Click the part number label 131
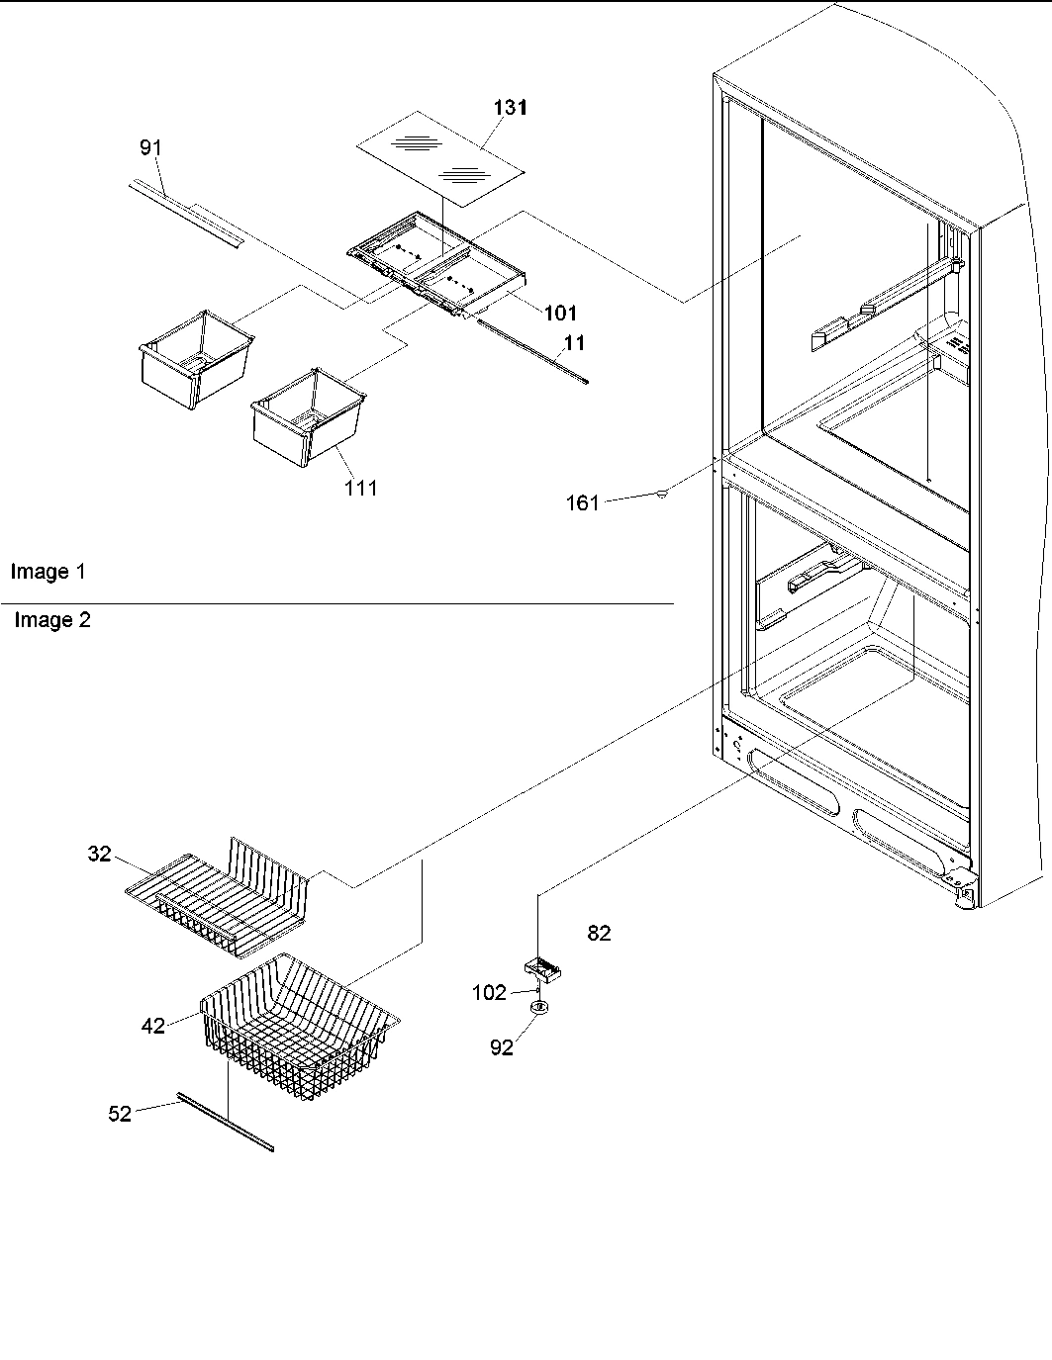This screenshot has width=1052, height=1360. (x=510, y=108)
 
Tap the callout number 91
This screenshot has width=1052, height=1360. (x=149, y=147)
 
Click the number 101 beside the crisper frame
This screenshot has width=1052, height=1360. (x=560, y=314)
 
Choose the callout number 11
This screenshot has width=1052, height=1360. (x=574, y=343)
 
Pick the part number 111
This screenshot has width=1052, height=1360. (x=360, y=488)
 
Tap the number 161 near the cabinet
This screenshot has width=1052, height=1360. (x=582, y=503)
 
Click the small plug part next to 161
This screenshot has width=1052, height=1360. (x=660, y=492)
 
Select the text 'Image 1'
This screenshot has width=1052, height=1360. (x=48, y=572)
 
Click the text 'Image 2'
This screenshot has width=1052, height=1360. (x=51, y=620)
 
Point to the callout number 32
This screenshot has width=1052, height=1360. (x=99, y=854)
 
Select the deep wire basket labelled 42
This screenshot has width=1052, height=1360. (x=297, y=1029)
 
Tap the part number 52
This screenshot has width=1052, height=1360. (x=119, y=1114)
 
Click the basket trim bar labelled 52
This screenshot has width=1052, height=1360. (x=225, y=1122)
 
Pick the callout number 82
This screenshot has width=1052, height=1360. (x=599, y=933)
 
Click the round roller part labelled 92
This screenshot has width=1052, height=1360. (x=540, y=1009)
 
